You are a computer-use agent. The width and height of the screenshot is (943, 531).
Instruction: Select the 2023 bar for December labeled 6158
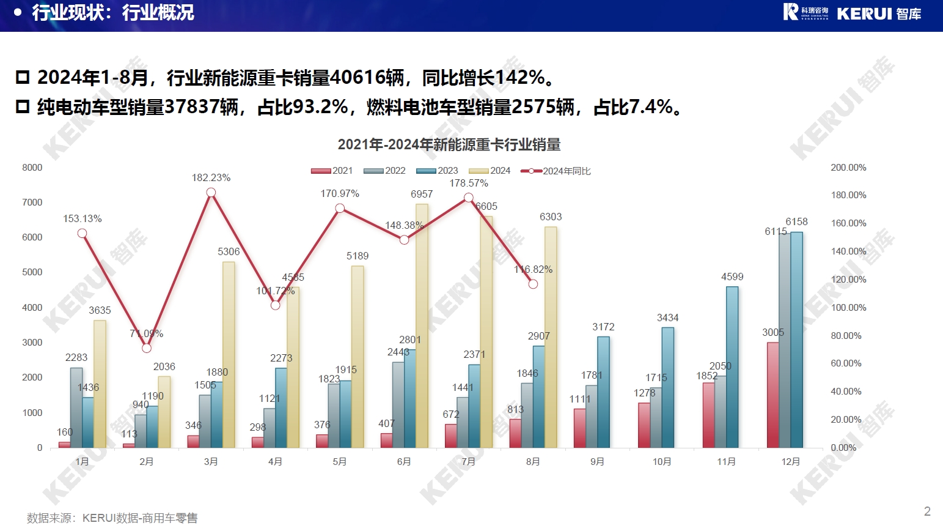click(x=796, y=340)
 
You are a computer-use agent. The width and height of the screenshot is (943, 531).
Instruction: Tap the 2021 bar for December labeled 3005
click(x=773, y=395)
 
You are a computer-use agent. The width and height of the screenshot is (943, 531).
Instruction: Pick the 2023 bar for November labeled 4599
click(x=732, y=367)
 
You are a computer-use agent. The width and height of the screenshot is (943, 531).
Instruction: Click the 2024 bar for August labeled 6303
click(x=551, y=337)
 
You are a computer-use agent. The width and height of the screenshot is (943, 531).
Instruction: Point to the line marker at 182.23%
click(x=211, y=193)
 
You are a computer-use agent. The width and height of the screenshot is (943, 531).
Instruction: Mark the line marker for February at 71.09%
click(x=147, y=348)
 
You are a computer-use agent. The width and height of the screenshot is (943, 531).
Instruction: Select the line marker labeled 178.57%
click(x=469, y=198)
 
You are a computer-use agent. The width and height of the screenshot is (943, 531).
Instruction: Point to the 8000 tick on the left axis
click(x=32, y=168)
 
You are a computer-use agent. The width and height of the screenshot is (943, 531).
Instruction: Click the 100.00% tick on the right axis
click(x=848, y=308)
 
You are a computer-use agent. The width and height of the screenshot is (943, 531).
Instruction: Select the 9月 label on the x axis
click(x=597, y=462)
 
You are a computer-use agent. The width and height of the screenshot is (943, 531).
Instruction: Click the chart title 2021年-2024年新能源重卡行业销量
click(x=449, y=145)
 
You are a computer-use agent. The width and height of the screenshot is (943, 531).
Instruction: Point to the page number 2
click(x=927, y=511)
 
